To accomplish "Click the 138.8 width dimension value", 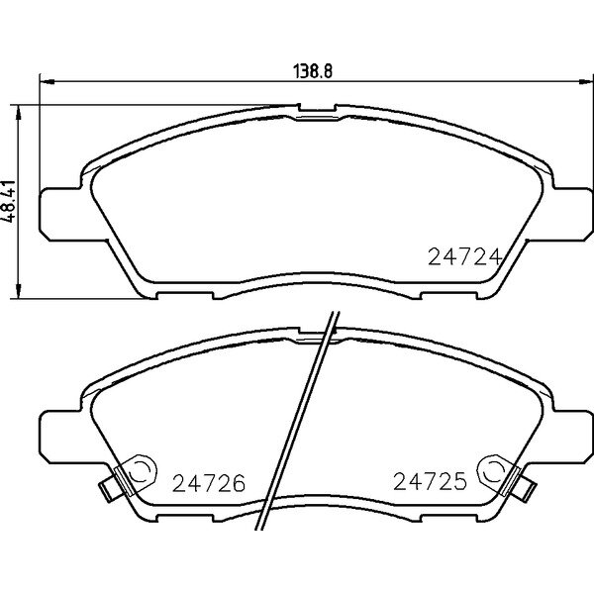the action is pos(313,71).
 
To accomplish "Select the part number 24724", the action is pos(465,257).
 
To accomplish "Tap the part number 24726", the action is pos(209,483).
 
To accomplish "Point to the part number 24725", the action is pos(430,481).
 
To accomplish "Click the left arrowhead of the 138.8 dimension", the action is pos(48,81).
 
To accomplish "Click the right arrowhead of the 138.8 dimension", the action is pos(586,81).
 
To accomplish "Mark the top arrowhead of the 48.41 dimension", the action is pos(18,113).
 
